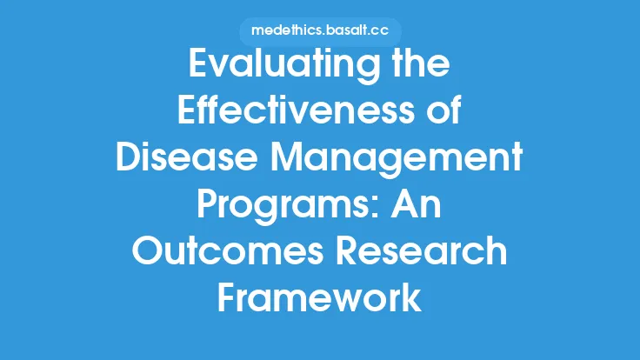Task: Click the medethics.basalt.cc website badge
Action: [x=319, y=30]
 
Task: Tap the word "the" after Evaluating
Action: [x=418, y=69]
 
